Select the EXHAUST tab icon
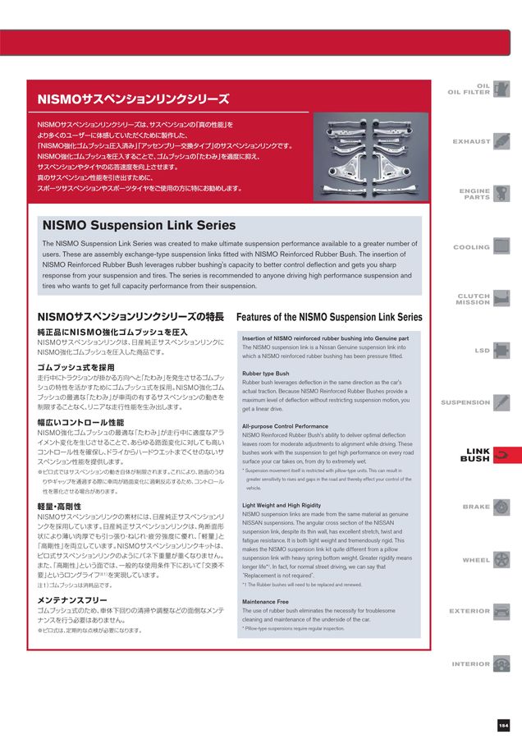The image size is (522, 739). (x=501, y=141)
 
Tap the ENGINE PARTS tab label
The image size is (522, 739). (x=474, y=194)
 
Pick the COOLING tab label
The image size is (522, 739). (x=471, y=247)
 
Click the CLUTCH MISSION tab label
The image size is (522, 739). (x=473, y=299)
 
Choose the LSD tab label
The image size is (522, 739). (x=482, y=351)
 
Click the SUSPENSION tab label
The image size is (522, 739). (x=465, y=402)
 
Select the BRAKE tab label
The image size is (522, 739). (x=476, y=507)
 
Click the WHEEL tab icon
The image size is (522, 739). (x=501, y=559)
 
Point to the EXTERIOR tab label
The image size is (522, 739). (x=469, y=611)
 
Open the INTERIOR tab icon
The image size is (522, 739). (x=501, y=663)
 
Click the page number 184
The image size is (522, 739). (x=503, y=724)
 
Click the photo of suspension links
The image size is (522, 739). (x=367, y=156)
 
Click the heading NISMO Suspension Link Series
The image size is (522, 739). (x=138, y=225)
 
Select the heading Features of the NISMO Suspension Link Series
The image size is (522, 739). (x=329, y=317)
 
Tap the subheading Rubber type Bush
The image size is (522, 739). (x=264, y=374)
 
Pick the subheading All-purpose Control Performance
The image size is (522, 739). (x=285, y=426)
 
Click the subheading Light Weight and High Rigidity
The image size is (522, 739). (x=282, y=505)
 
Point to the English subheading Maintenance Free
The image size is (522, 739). (x=264, y=602)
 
